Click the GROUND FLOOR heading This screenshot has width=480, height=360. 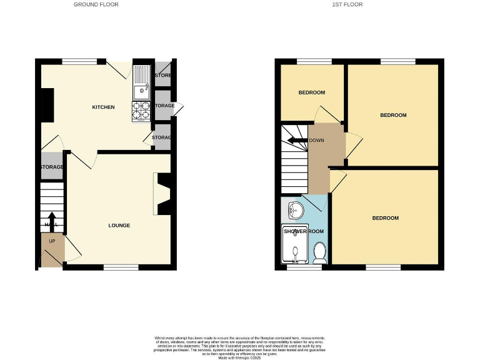(x=96, y=4)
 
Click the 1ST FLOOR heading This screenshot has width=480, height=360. (x=347, y=4)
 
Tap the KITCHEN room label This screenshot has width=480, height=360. (x=103, y=107)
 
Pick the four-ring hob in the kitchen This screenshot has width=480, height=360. (x=141, y=111)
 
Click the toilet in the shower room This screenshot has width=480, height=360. (x=320, y=252)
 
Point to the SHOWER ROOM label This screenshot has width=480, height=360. (x=304, y=231)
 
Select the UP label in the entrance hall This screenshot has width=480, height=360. (x=52, y=241)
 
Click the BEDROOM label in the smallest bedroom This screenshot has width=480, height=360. (x=311, y=92)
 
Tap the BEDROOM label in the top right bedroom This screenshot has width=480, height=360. (x=393, y=115)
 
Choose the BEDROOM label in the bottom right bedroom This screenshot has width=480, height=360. (x=385, y=218)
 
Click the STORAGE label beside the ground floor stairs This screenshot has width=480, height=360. (x=52, y=167)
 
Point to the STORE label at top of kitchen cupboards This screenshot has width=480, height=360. (x=162, y=76)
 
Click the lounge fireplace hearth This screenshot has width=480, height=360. (x=156, y=194)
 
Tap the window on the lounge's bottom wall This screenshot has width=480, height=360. (x=121, y=267)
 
